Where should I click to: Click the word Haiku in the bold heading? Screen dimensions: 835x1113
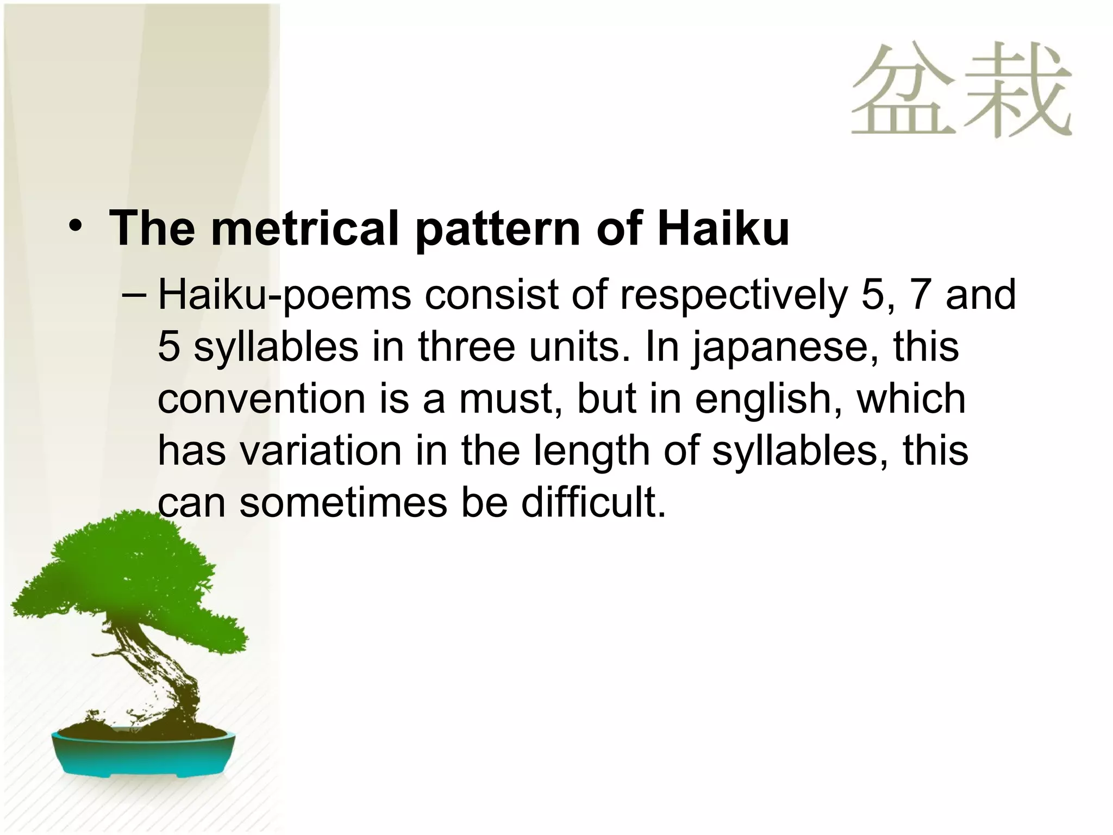click(723, 228)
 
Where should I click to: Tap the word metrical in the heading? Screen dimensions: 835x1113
click(305, 228)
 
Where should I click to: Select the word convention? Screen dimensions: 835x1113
click(261, 399)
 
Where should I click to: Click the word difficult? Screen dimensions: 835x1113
click(593, 502)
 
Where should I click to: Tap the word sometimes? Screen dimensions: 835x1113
click(343, 503)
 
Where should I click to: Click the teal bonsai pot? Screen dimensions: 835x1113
click(144, 753)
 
